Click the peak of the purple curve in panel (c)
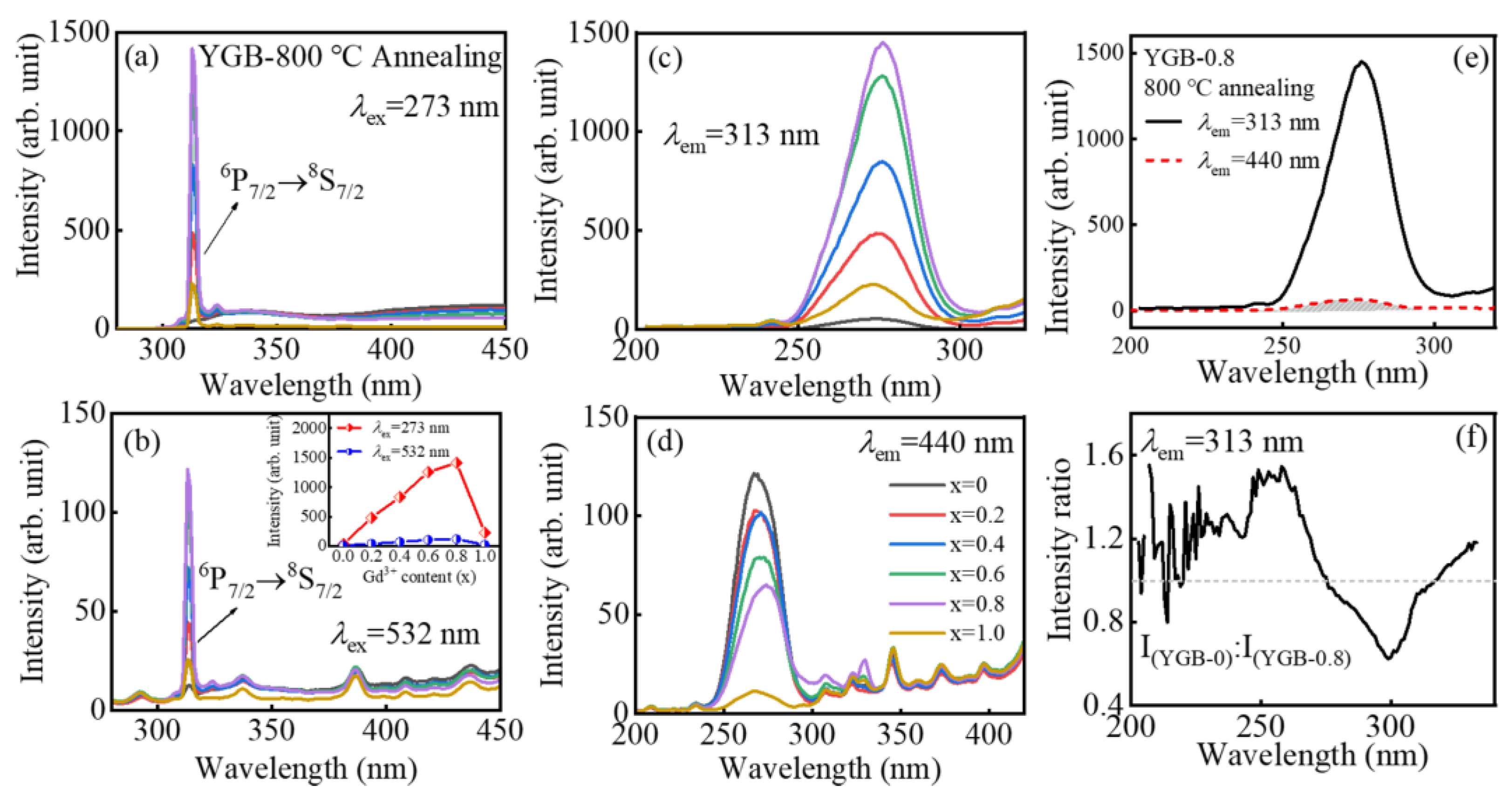(x=883, y=43)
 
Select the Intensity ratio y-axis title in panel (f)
(x=1059, y=550)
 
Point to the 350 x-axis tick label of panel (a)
(x=276, y=350)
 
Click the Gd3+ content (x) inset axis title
(x=419, y=577)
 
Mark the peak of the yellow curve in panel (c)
(x=873, y=285)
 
